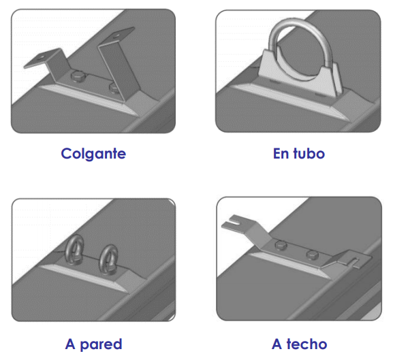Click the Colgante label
click(x=93, y=154)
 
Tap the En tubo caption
click(x=299, y=154)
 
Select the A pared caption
click(x=93, y=344)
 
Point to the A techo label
click(x=299, y=344)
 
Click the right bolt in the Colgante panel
click(x=114, y=88)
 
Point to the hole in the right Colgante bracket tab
click(x=116, y=36)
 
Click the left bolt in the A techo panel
click(x=281, y=245)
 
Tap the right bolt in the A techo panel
click(x=313, y=255)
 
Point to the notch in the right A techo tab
click(x=355, y=261)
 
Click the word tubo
click(x=309, y=154)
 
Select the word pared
click(x=101, y=345)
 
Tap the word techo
click(x=306, y=344)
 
